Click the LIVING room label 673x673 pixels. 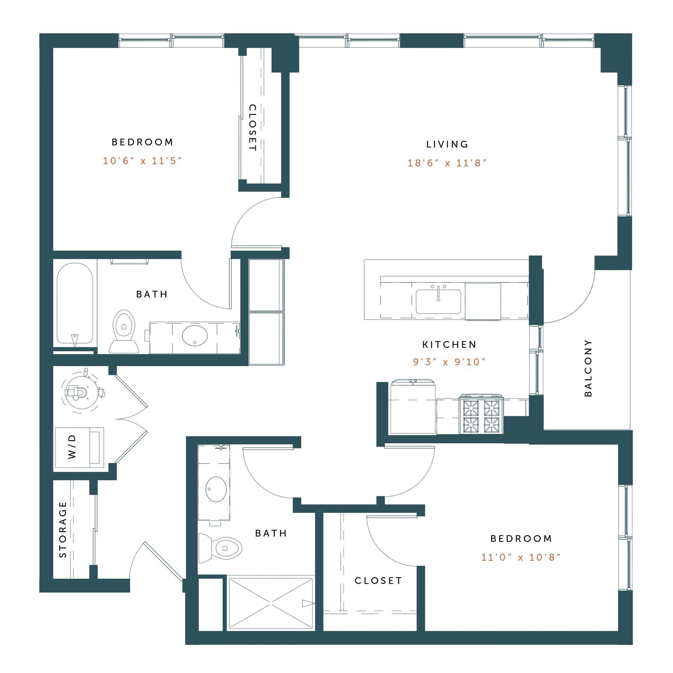tap(447, 144)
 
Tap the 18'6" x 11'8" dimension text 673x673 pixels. tap(447, 163)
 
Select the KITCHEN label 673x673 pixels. tap(449, 345)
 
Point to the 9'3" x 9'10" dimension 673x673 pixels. tap(449, 362)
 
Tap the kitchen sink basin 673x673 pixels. tap(438, 302)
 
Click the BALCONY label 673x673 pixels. tap(588, 368)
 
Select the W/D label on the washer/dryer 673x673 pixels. tap(72, 447)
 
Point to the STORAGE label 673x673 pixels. tap(63, 529)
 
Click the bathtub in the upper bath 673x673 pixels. tap(75, 303)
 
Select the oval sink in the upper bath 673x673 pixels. tap(195, 335)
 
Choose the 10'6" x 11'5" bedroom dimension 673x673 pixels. tap(142, 161)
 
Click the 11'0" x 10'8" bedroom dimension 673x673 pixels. tap(521, 557)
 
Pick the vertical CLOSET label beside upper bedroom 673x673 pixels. tap(252, 128)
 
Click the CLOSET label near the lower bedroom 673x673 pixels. tap(378, 581)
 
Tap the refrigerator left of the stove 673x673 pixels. tap(413, 408)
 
